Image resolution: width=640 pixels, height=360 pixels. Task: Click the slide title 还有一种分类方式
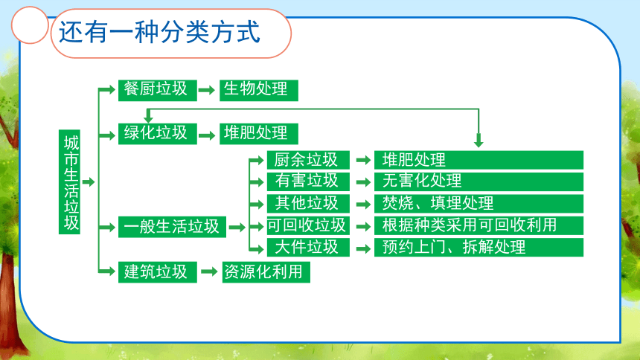159,32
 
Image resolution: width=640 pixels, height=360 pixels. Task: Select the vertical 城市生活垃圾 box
69,182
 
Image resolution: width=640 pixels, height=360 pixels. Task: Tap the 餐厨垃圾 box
158,90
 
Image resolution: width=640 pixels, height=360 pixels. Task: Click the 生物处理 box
259,90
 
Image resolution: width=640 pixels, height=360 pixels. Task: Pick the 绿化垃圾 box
158,134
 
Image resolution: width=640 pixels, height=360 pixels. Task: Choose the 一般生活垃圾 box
172,227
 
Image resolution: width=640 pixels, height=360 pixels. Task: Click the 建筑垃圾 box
158,272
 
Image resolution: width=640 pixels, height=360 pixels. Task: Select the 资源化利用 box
266,272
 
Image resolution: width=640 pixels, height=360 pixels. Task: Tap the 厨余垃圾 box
308,160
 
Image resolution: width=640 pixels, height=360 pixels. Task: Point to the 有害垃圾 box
308,181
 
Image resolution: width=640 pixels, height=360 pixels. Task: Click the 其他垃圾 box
308,204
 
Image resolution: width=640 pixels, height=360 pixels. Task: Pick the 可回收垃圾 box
308,225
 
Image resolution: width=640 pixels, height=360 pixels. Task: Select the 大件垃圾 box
308,248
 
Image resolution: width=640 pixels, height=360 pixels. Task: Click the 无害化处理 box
479,181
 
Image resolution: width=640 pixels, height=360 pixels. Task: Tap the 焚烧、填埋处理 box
479,204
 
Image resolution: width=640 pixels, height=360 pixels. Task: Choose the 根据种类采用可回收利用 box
479,225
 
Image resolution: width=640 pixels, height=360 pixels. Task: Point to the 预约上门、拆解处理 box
479,248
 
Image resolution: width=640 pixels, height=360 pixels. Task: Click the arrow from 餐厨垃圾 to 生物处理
207,90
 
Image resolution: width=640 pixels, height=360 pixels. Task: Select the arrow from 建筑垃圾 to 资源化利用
209,271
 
